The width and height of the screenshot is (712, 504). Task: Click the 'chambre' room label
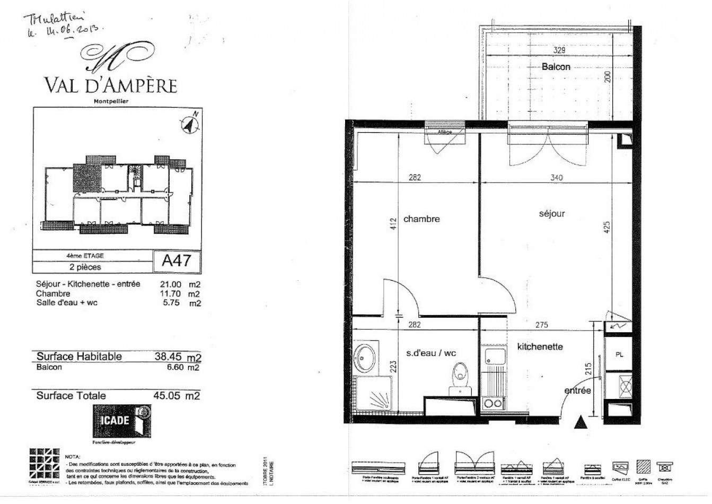[x=421, y=219]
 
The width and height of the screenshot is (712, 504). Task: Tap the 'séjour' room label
[x=551, y=214]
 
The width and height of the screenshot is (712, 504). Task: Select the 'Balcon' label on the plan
[x=556, y=67]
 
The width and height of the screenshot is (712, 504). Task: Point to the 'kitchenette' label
[x=540, y=346]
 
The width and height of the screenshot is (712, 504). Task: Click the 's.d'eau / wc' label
[x=431, y=353]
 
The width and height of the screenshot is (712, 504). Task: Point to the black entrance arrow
[x=581, y=422]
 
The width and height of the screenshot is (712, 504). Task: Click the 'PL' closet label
[x=619, y=354]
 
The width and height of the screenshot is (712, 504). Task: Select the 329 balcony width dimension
[x=559, y=51]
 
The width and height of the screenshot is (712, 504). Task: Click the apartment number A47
[x=177, y=261]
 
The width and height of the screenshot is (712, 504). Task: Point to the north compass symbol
[x=190, y=124]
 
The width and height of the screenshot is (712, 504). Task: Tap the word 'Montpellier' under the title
[x=111, y=100]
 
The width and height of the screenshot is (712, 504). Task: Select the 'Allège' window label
[x=445, y=132]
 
